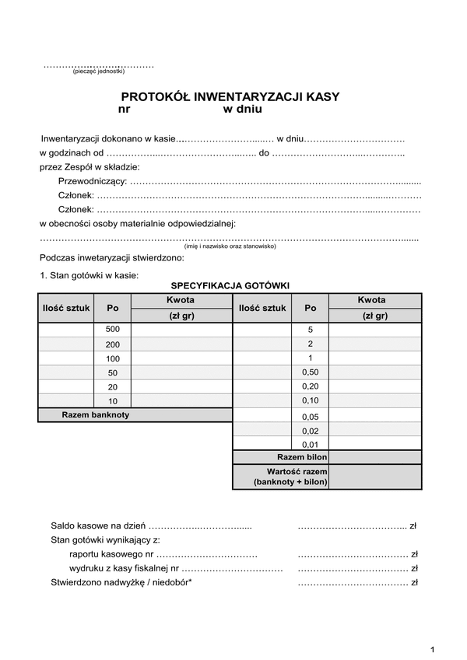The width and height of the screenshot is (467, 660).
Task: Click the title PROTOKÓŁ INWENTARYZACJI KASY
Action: coord(230,97)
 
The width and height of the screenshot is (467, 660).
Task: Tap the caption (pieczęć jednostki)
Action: coord(98,72)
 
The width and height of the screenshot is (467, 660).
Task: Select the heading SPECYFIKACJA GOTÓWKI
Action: coord(230,285)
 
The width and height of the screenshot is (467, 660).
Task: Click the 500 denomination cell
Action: coord(113,330)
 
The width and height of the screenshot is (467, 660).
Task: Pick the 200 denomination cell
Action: coord(113,344)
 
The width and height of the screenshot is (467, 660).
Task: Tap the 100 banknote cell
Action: coord(113,358)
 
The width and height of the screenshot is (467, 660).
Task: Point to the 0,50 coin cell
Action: coord(310,372)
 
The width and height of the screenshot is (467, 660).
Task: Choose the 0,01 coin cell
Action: coord(310,444)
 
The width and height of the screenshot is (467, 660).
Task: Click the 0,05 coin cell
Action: coord(310,416)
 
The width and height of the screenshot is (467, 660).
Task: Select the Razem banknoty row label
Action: coord(95,415)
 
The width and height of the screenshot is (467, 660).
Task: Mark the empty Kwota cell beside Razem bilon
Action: coord(375,457)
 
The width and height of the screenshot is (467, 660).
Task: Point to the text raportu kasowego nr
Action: coord(111,554)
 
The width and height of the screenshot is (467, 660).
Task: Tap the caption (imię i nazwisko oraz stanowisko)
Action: coord(230,246)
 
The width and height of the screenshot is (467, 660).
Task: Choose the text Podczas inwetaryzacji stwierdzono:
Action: coord(111,257)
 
